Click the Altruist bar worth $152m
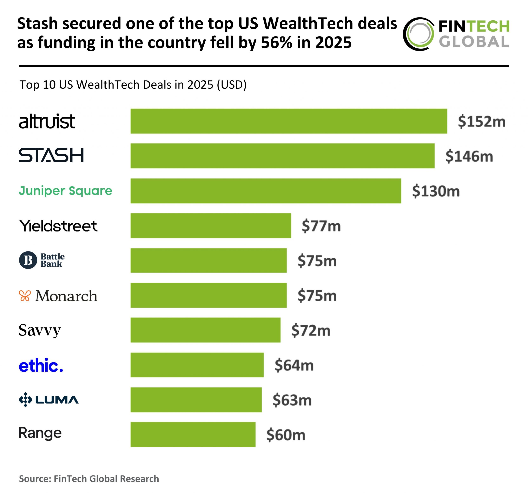coord(289,121)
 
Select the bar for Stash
coord(282,156)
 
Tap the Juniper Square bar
coord(266,191)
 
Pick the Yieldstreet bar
coord(211,226)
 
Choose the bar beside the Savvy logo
coord(205,330)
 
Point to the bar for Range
coord(193,434)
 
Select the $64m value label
coord(294,365)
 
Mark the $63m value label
coord(292,400)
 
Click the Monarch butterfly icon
coord(25,296)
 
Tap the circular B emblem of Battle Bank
coord(28,260)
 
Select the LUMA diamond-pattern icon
coord(26,399)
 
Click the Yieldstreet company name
coord(58,226)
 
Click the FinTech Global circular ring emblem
coord(418,34)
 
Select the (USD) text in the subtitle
coord(231,85)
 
